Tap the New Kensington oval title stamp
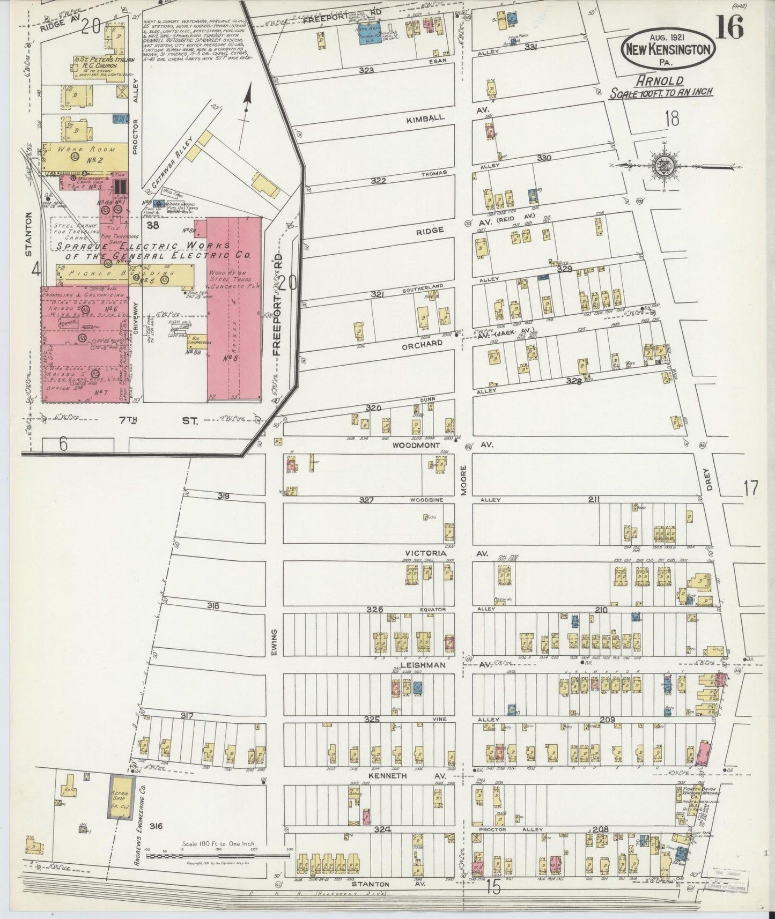(668, 49)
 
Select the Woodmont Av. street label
(416, 445)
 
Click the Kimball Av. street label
(425, 118)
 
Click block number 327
(366, 500)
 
